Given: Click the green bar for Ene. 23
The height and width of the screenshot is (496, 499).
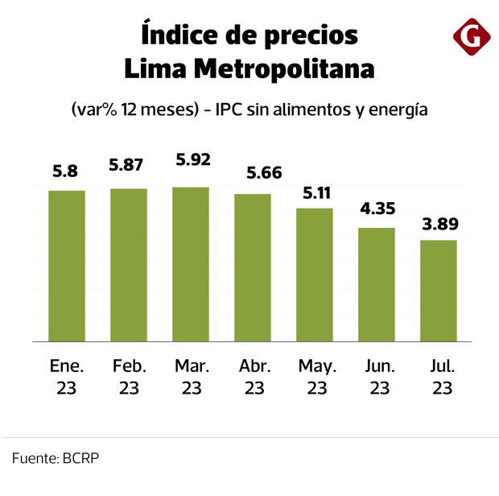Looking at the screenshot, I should coord(67,266).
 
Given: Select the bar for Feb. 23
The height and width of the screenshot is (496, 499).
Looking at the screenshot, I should coord(129,265).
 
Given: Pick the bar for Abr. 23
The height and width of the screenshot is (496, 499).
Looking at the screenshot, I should coord(253,267).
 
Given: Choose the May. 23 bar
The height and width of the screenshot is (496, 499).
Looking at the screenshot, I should coord(315,275).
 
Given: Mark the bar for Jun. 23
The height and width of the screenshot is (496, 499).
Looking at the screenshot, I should coord(377,284).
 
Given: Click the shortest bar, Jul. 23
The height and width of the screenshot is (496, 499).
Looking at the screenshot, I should coord(439,291).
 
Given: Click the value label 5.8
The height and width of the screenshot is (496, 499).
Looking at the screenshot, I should coord(67,171).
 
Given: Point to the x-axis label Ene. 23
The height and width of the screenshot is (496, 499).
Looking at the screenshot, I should coord(67,377).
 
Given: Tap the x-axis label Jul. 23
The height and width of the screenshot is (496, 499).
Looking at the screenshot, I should coord(439,377).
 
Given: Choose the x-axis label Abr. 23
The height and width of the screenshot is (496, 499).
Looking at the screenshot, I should coord(253,377).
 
